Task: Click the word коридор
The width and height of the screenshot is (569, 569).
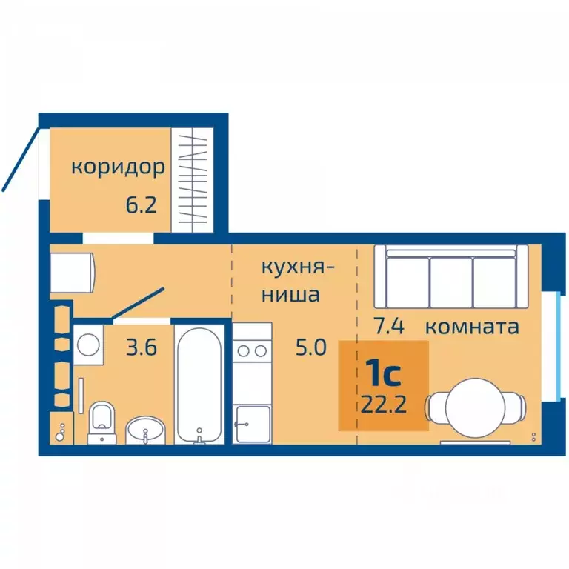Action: pos(118,167)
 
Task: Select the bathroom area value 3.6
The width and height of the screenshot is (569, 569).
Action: pos(140,347)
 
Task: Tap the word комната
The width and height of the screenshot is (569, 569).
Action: pos(472,327)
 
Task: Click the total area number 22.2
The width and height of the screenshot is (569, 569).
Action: pos(383,407)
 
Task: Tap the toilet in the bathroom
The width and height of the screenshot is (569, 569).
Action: pos(101,422)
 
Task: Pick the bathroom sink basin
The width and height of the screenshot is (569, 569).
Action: pos(145,429)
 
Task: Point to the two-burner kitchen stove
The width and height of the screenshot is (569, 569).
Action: pos(253,351)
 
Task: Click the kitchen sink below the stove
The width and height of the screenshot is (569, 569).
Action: pos(252,425)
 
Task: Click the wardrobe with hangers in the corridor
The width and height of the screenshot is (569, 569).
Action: pos(192,180)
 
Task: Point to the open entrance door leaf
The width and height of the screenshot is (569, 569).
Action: pos(20,159)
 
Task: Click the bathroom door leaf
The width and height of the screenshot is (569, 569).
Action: pos(139,305)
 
